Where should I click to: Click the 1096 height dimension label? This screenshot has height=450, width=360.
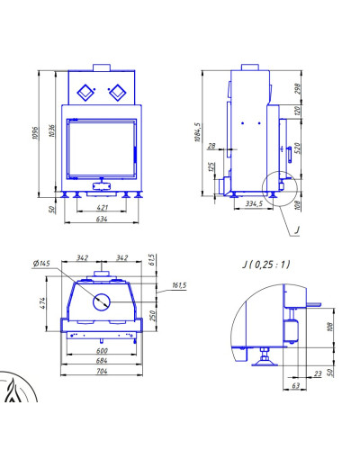[35, 133]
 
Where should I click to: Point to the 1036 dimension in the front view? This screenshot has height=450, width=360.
[52, 131]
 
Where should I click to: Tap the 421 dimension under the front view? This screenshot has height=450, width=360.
[102, 208]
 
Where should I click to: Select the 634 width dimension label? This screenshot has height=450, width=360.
[102, 219]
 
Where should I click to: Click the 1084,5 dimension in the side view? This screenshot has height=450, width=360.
[197, 131]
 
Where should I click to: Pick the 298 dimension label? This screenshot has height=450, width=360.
[297, 89]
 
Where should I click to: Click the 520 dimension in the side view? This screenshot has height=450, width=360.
[297, 148]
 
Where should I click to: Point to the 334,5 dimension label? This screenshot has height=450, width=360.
[254, 203]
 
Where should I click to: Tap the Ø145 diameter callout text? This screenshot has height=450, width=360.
[41, 264]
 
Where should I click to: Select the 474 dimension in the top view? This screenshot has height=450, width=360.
[42, 303]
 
